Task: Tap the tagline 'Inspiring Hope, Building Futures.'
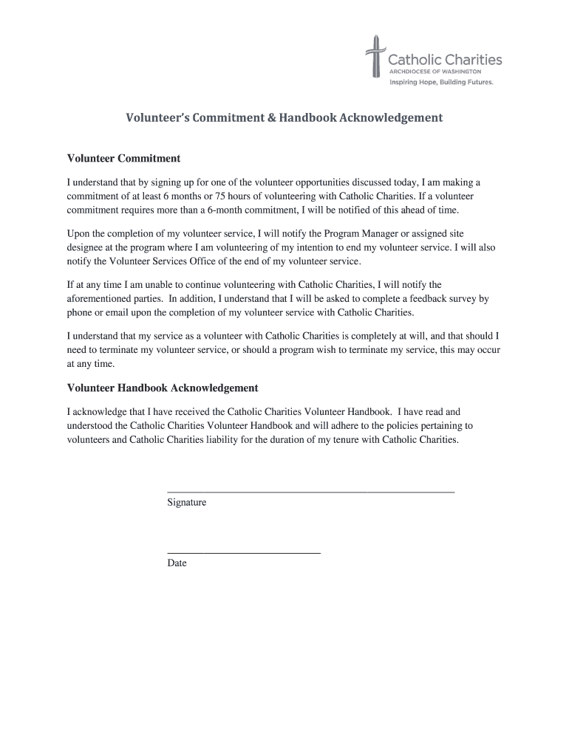[441, 83]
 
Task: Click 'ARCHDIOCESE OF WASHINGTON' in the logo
[435, 72]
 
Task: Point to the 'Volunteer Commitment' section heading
[124, 159]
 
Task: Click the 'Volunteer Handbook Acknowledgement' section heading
[163, 388]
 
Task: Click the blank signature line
[311, 491]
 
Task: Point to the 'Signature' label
[187, 503]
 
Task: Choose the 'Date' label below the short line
[177, 563]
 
